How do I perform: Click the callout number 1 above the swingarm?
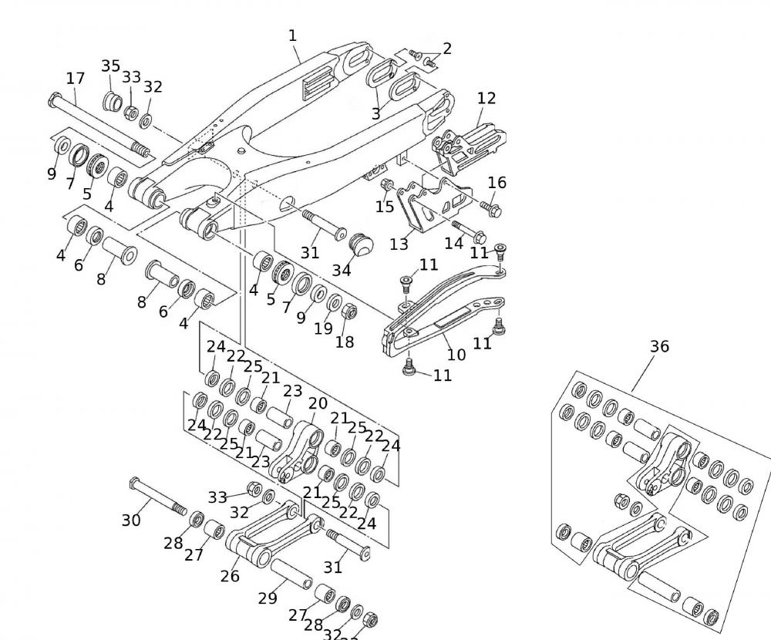pyautogui.click(x=292, y=35)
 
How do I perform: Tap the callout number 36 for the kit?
pyautogui.click(x=659, y=346)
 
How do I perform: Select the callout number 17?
pyautogui.click(x=75, y=78)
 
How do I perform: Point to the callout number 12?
pyautogui.click(x=487, y=98)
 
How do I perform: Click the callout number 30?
pyautogui.click(x=131, y=520)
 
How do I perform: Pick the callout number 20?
pyautogui.click(x=318, y=403)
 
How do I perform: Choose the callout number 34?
pyautogui.click(x=342, y=270)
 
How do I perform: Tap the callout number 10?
pyautogui.click(x=456, y=354)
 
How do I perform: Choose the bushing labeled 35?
pyautogui.click(x=113, y=102)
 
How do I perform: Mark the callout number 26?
pyautogui.click(x=230, y=575)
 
